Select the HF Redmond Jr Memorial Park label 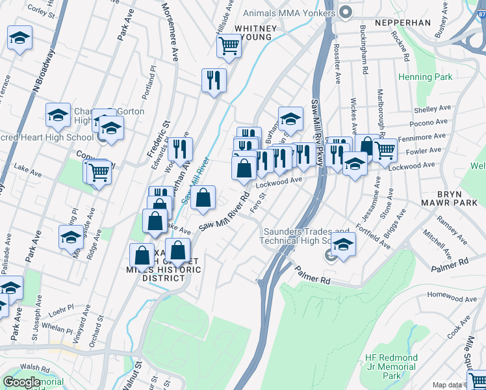click(391, 367)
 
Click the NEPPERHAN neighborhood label click(402, 22)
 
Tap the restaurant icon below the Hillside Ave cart click(214, 81)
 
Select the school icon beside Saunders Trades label click(344, 244)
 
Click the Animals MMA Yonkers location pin click(345, 12)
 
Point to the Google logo click(21, 382)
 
